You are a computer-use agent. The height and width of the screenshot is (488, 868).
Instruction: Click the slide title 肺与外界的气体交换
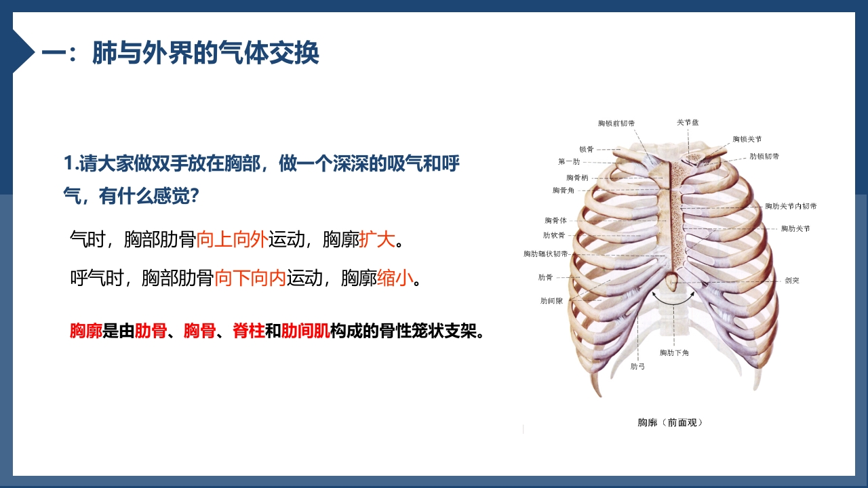205,52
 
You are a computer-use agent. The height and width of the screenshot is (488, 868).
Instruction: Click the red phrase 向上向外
232,239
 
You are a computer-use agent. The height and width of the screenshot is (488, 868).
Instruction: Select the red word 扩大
377,239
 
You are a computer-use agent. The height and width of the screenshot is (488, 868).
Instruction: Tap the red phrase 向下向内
250,278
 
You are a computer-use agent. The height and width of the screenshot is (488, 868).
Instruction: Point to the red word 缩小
395,278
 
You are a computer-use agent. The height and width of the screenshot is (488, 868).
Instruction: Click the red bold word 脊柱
249,331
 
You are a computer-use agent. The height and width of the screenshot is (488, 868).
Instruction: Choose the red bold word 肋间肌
305,331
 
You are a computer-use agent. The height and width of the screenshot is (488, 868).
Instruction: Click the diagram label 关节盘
688,123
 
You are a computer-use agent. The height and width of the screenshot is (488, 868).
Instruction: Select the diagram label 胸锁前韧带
616,123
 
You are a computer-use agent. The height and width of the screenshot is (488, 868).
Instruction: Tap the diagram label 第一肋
569,161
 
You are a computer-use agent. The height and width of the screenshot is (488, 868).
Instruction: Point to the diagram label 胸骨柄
577,178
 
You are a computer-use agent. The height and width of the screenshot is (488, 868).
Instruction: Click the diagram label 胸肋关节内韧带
791,206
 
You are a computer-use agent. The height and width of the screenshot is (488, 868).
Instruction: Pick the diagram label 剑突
791,280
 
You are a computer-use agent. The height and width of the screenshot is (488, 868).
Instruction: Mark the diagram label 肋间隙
551,300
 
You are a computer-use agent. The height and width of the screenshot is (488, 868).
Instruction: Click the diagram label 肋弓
637,367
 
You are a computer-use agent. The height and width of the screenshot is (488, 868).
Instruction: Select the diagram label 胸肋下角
674,352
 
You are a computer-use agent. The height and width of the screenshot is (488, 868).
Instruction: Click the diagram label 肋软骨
554,235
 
